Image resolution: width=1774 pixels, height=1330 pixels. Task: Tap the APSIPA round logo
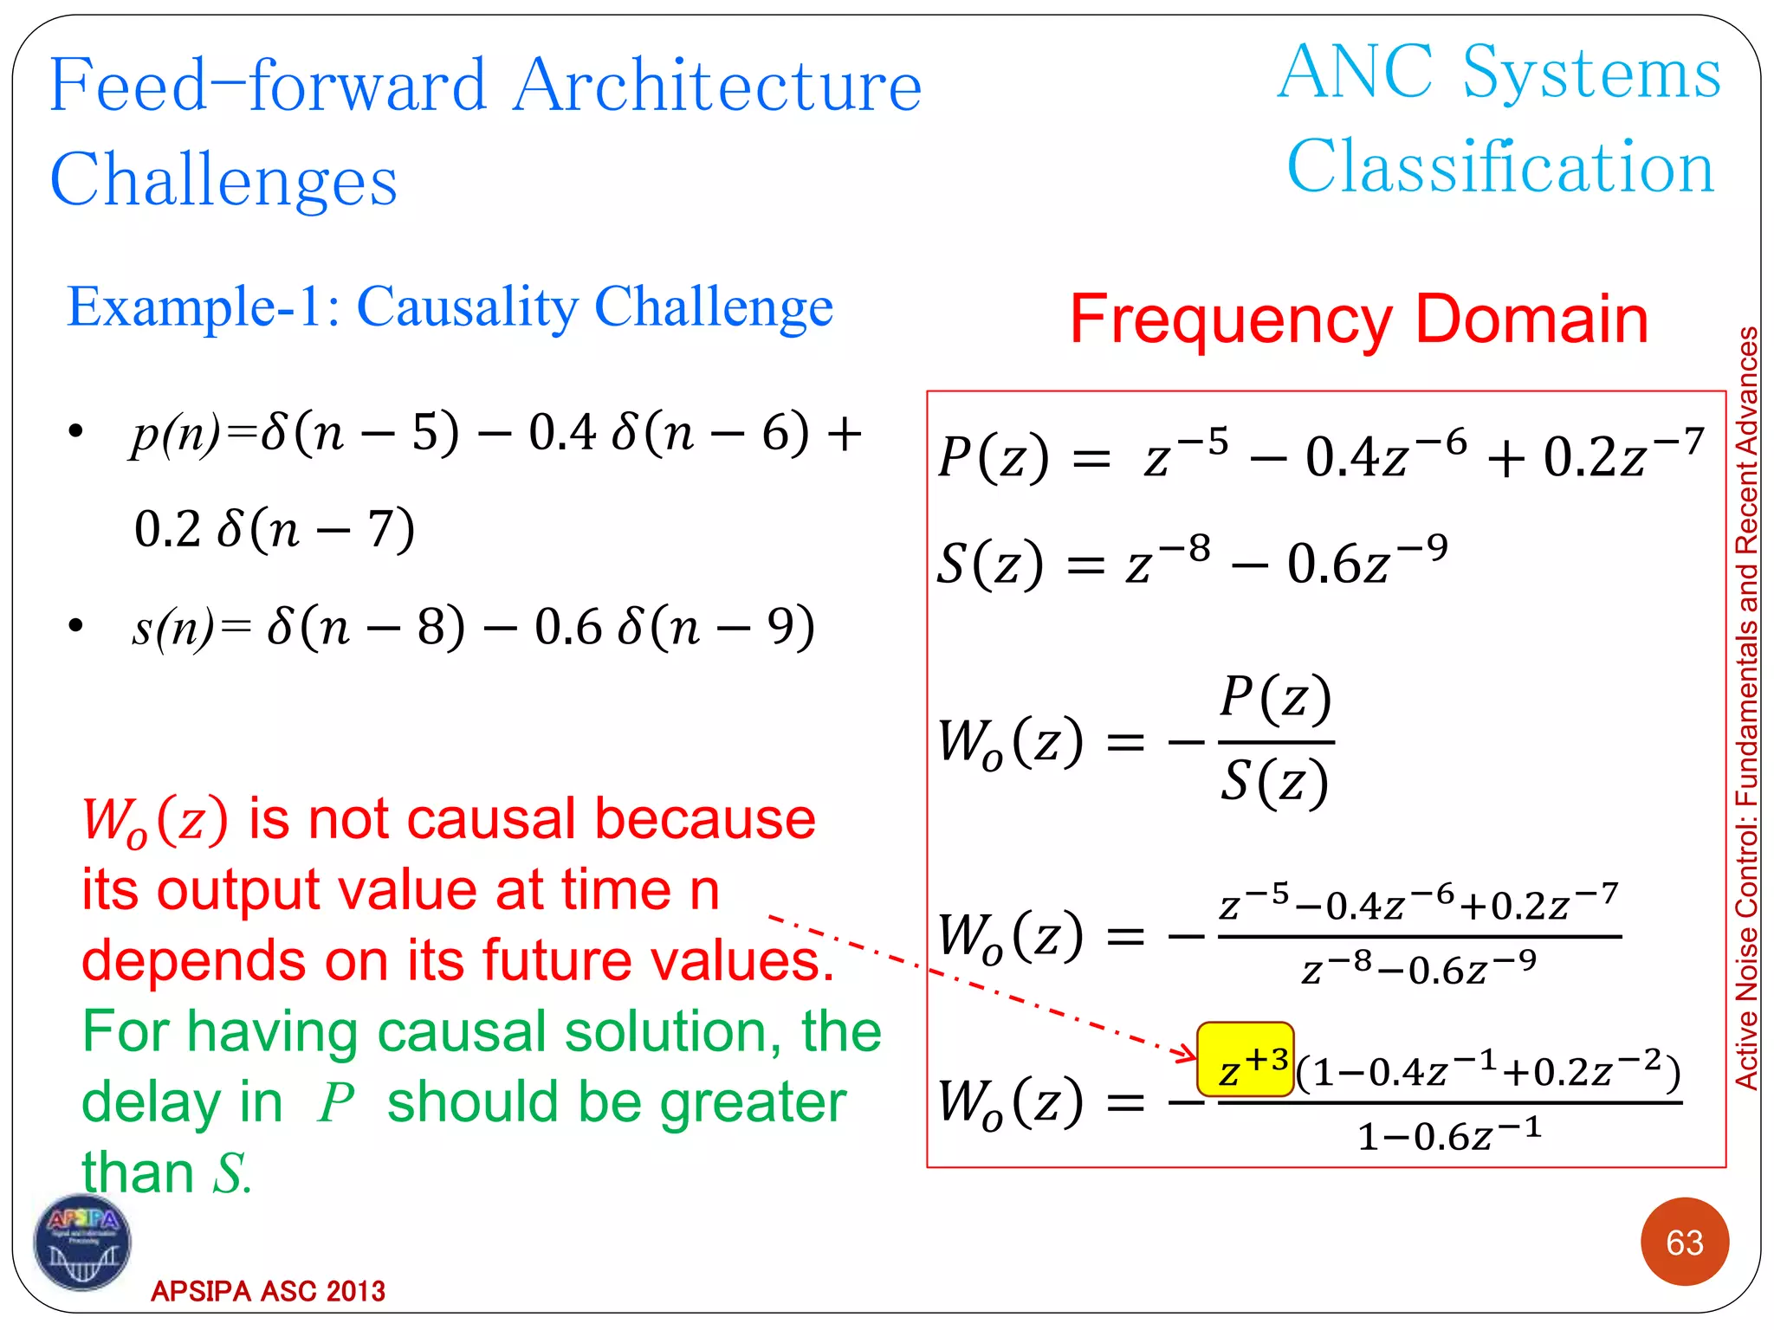(82, 1243)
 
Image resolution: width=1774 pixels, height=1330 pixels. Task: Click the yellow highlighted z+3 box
(1245, 1060)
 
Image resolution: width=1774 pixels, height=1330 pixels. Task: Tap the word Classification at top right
(1500, 166)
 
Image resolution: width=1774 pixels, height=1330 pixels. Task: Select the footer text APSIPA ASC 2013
(268, 1291)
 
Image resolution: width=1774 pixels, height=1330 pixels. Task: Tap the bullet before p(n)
(76, 431)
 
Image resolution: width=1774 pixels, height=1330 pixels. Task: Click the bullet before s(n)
(76, 625)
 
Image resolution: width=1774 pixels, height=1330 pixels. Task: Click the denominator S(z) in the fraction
(1274, 782)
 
